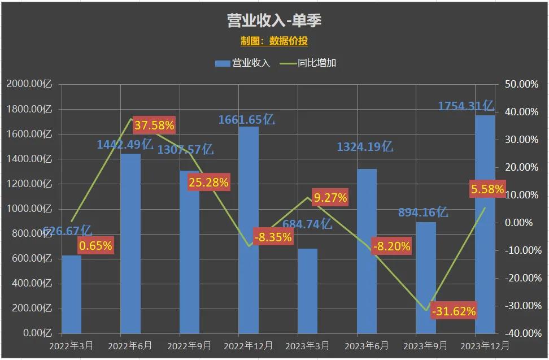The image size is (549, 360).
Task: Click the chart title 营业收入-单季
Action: coord(274,21)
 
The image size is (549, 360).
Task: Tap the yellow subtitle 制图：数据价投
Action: coord(274,41)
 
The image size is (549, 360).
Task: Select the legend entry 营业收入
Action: coord(243,63)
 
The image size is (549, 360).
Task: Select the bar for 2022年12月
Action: coord(249,229)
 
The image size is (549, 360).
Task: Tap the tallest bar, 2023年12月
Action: coord(485,226)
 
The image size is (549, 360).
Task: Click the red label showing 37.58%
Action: coord(154,125)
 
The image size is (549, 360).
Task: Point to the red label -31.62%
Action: coord(454,311)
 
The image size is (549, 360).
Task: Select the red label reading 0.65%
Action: coord(95,246)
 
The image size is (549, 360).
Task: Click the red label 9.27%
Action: coord(330,198)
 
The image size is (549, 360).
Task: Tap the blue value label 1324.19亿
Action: coord(365,147)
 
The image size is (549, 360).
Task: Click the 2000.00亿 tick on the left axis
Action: coord(29,84)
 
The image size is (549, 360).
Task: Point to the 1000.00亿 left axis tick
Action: coord(29,209)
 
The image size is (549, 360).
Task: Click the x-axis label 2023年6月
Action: coord(367,344)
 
